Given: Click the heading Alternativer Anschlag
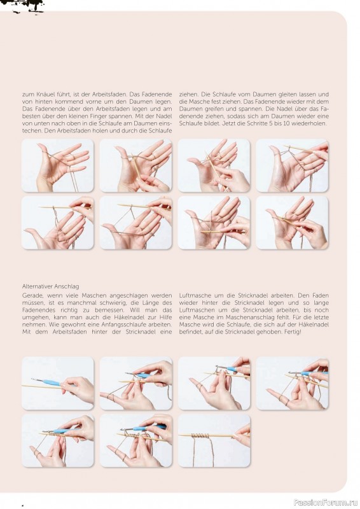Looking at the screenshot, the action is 51,286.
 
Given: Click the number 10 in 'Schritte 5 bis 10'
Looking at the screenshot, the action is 286,123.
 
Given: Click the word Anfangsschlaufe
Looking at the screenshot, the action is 148,324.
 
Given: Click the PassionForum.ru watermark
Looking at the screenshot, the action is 326,503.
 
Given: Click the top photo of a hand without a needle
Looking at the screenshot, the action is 57,165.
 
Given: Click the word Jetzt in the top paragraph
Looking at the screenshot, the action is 230,123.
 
